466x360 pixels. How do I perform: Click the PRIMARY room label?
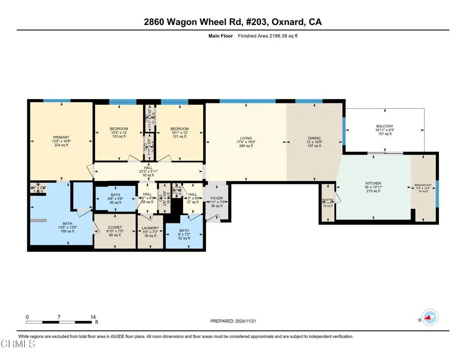pyautogui.click(x=61, y=137)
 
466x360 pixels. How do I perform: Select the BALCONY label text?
pyautogui.click(x=385, y=126)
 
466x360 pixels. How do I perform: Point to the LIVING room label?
pyautogui.click(x=246, y=138)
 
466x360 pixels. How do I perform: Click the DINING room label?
pyautogui.click(x=314, y=138)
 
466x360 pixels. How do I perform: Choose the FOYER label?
pyautogui.click(x=217, y=198)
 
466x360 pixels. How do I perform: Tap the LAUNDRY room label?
pyautogui.click(x=150, y=228)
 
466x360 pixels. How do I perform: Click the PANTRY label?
pyautogui.click(x=328, y=199)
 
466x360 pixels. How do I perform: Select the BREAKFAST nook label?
pyautogui.click(x=423, y=185)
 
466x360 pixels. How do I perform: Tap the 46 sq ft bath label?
pyautogui.click(x=116, y=203)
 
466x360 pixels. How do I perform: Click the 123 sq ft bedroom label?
pyautogui.click(x=119, y=137)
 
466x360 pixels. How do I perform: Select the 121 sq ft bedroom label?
pyautogui.click(x=180, y=137)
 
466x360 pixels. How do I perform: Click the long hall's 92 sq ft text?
pyautogui.click(x=148, y=175)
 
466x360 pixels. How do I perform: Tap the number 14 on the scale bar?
pyautogui.click(x=93, y=317)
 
